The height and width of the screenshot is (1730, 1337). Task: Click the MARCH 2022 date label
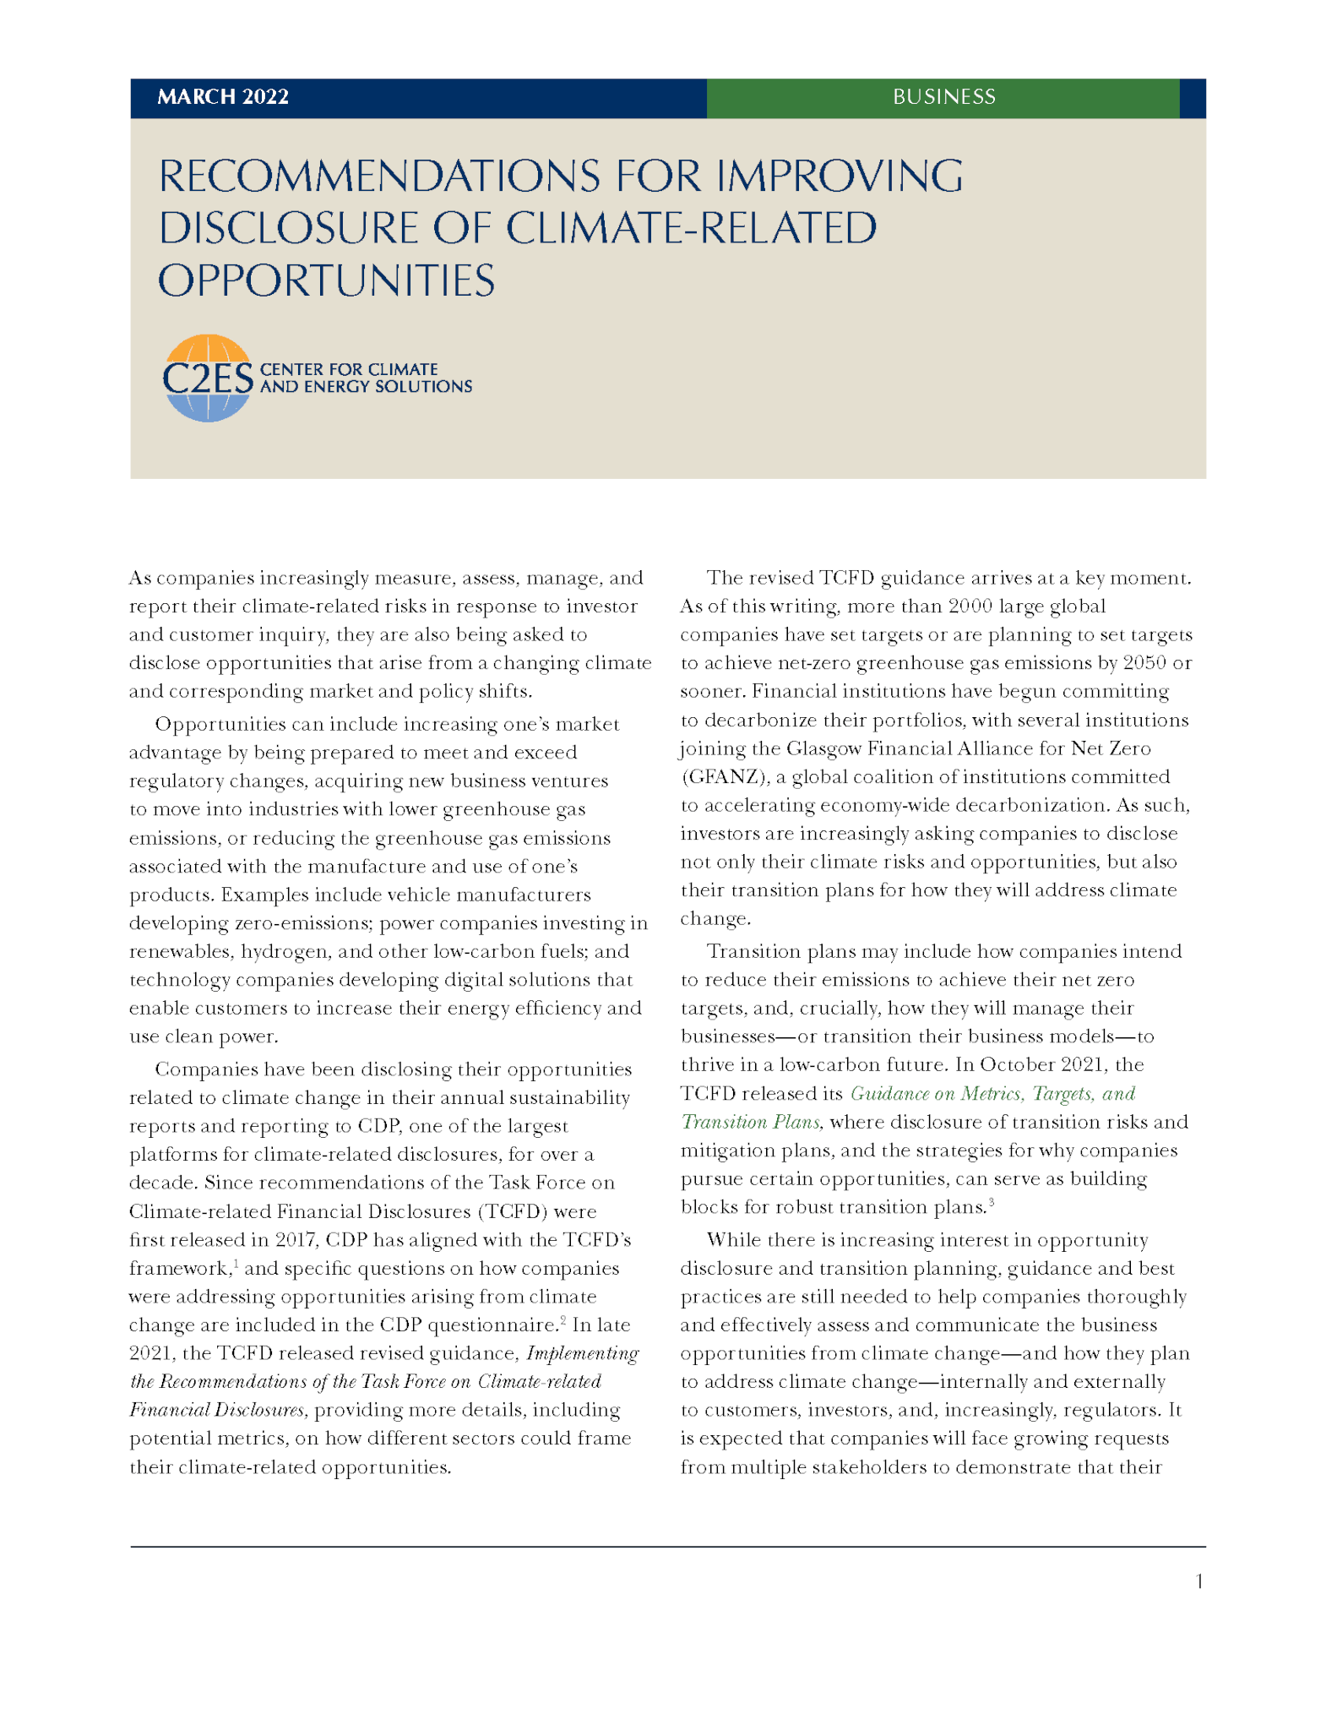(x=223, y=97)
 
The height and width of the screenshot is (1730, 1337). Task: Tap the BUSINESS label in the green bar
(x=943, y=97)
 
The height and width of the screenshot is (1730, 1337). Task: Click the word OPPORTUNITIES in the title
(x=326, y=280)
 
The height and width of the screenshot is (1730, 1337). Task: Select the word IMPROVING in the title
(x=840, y=177)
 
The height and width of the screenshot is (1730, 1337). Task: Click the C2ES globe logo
(x=207, y=378)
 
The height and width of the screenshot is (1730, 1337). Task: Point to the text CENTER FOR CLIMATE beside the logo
(x=348, y=369)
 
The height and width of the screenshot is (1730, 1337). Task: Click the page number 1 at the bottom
(x=1198, y=1581)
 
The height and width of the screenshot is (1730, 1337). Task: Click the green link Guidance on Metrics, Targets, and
(x=992, y=1094)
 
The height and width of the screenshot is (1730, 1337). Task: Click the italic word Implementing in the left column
(x=582, y=1354)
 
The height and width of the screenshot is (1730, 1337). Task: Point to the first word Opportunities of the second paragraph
(x=216, y=725)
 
